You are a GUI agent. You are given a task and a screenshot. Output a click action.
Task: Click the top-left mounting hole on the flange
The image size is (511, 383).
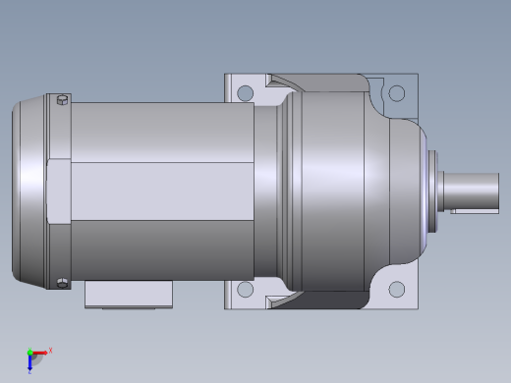tap(245, 93)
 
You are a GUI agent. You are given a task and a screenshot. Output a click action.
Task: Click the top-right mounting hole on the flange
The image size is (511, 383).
tap(397, 93)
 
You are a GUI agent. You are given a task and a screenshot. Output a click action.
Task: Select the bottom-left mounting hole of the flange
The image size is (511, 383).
tap(245, 290)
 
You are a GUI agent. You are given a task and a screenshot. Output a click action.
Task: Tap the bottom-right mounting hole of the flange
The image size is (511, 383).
tap(397, 290)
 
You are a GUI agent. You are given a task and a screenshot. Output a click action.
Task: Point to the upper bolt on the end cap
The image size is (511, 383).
tap(63, 99)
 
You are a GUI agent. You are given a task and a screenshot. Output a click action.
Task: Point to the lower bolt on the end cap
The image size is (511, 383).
tap(63, 284)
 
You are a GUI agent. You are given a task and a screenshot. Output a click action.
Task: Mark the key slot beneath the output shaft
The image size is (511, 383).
tap(475, 210)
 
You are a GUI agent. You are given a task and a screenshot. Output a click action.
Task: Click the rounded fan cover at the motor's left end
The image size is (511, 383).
tap(28, 191)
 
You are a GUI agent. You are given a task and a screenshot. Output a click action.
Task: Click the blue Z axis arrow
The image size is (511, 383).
tap(30, 363)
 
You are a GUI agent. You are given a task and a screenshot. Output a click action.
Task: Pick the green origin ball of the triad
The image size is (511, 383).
tap(30, 353)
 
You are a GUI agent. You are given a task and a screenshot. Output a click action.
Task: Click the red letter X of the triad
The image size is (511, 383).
tap(50, 350)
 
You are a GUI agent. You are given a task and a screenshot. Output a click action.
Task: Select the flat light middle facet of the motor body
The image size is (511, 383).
tap(157, 191)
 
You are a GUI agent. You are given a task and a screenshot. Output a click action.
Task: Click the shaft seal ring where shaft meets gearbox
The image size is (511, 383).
tap(430, 191)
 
